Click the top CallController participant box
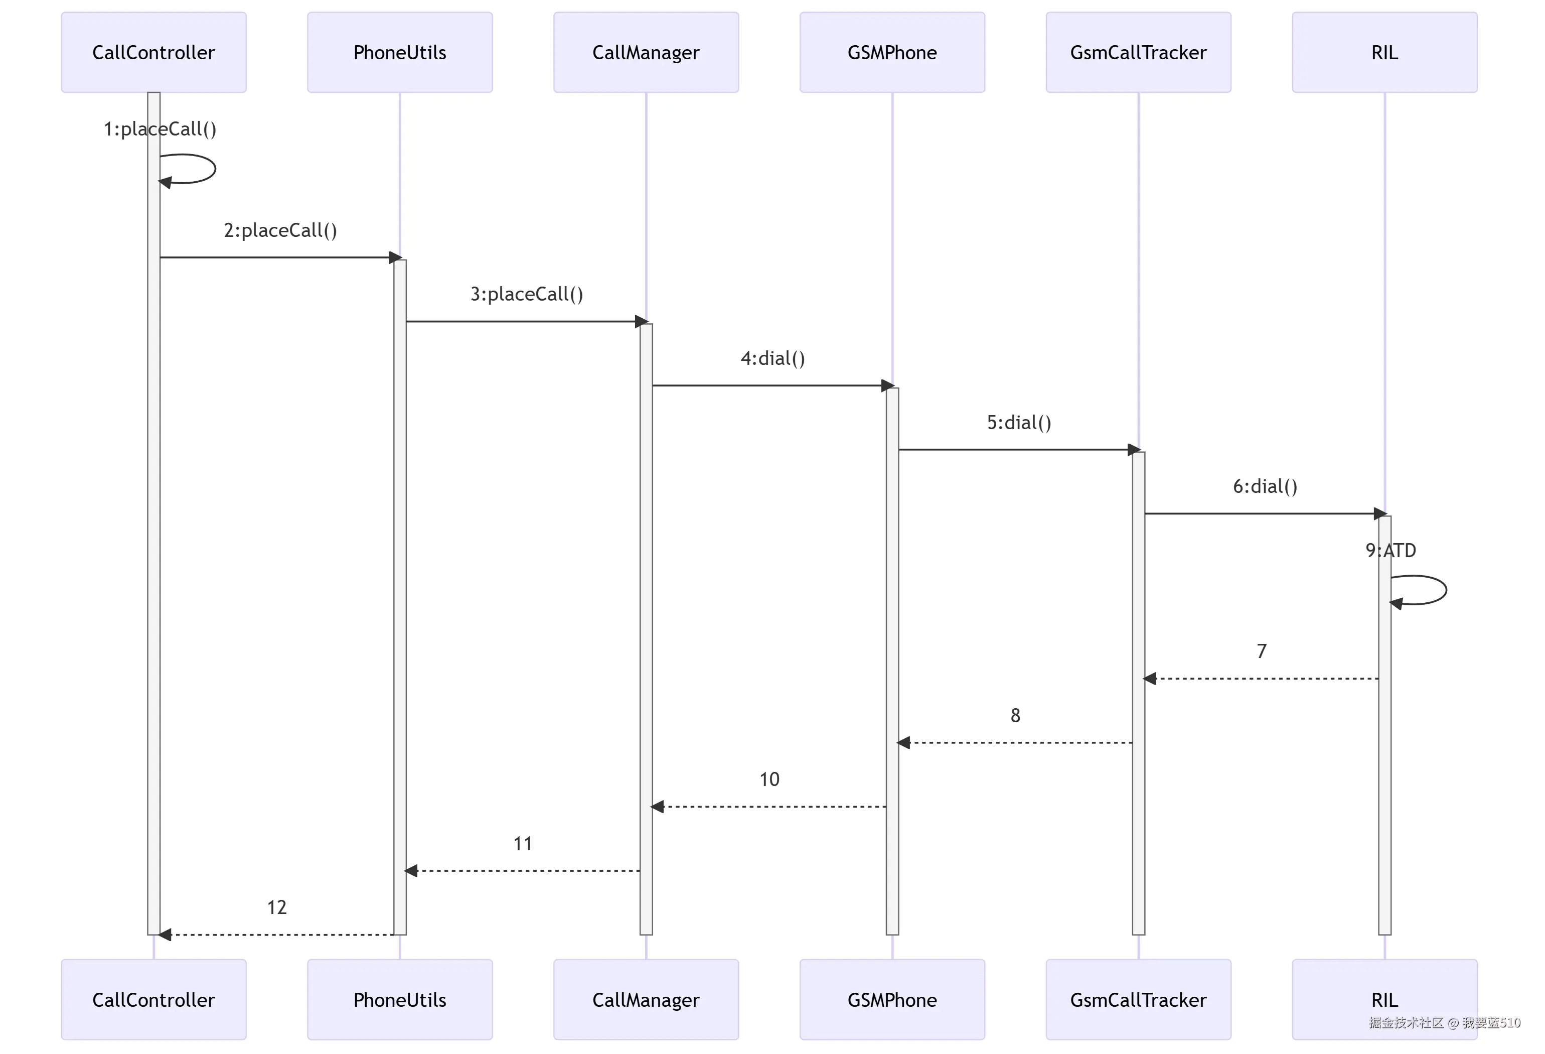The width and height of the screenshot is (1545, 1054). pos(153,53)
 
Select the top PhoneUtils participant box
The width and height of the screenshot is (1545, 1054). pos(400,53)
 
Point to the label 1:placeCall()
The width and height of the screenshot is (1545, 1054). pos(160,129)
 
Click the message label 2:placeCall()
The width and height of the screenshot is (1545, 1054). pos(280,230)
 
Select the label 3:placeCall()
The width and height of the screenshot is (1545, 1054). pos(527,294)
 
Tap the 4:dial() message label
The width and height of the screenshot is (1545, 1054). pos(772,358)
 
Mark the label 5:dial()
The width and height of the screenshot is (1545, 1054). pos(1018,422)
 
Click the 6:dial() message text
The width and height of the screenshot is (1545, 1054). pos(1265,486)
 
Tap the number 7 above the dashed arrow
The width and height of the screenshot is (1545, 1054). pos(1261,651)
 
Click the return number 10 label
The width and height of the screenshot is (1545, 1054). pos(769,779)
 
